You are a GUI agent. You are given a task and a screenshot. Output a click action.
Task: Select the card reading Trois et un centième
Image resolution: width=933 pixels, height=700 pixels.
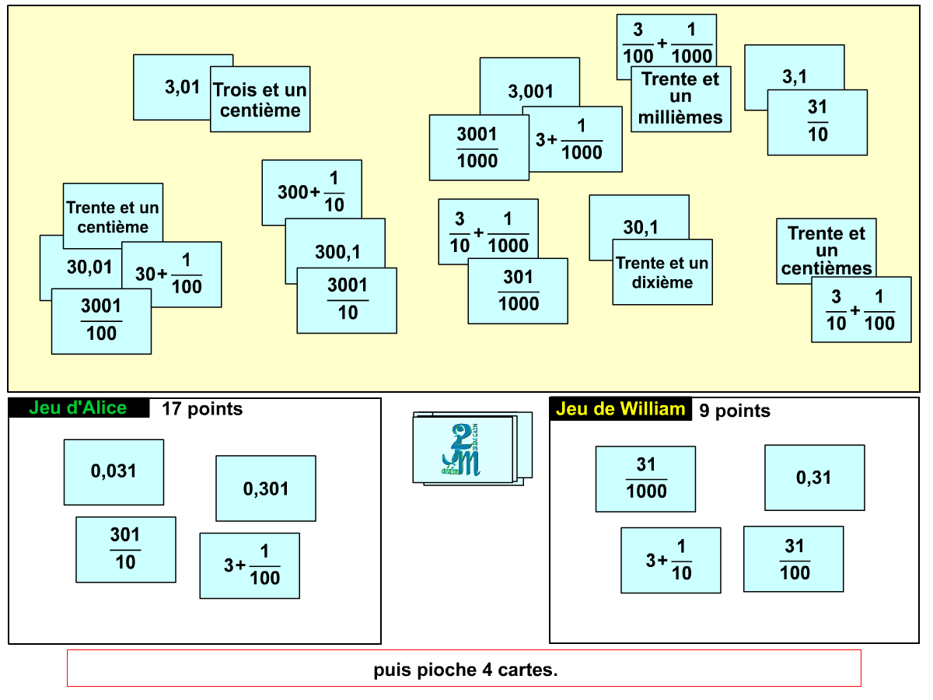[x=260, y=100]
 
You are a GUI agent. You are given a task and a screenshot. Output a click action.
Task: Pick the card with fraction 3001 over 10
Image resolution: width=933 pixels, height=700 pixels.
[x=347, y=300]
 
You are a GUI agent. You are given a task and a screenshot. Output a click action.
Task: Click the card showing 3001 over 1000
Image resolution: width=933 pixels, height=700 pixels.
[x=477, y=148]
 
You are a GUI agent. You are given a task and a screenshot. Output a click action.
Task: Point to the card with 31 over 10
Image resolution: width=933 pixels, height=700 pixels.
[x=817, y=122]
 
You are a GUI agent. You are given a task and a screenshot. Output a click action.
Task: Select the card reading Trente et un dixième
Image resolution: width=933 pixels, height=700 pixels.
[x=662, y=272]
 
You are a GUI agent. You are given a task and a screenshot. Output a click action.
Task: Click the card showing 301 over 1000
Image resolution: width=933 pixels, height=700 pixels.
[x=518, y=291]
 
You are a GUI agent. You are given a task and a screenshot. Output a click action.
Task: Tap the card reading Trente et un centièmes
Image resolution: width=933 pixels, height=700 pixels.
[x=826, y=250]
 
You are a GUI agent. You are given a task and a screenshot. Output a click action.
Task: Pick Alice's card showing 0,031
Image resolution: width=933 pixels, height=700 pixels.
[x=114, y=471]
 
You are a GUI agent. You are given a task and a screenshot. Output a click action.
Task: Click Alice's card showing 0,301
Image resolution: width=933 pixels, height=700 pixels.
[x=266, y=488]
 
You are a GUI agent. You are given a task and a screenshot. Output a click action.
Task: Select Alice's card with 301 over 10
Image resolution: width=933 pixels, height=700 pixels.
[x=125, y=549]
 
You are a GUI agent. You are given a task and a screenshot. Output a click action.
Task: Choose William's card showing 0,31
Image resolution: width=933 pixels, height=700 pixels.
[x=814, y=478]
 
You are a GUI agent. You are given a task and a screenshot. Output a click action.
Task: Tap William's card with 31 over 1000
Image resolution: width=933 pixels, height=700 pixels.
[x=645, y=478]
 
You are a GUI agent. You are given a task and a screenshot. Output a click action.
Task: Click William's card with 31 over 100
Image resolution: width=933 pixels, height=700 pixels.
[x=793, y=559]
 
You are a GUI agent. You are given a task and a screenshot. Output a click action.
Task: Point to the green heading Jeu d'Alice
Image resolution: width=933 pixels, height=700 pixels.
[x=78, y=408]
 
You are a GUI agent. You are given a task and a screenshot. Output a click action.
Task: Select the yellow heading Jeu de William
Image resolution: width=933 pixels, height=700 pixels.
[x=620, y=409]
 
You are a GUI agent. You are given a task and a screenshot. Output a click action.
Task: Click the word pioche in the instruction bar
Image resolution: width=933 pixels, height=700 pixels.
[x=443, y=670]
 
